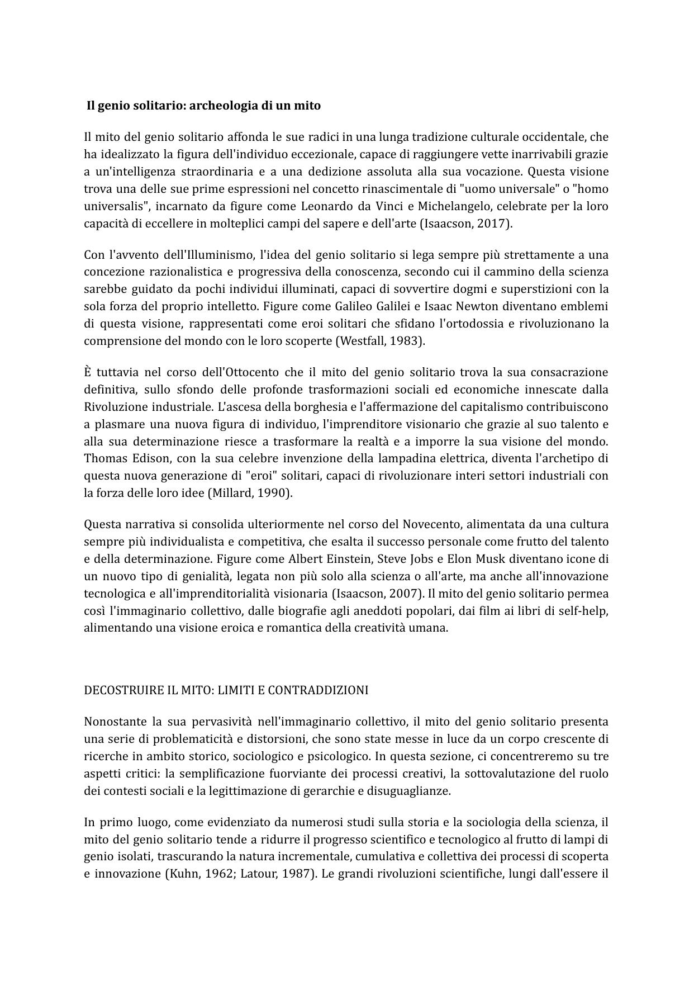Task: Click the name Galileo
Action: coord(354,306)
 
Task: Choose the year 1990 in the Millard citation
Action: coord(274,494)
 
